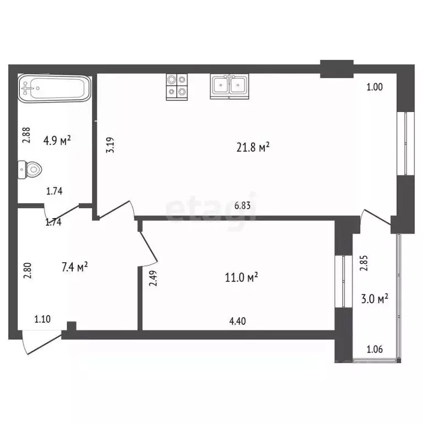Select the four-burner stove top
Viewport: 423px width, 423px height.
pyautogui.click(x=177, y=86)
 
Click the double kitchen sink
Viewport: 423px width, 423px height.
pyautogui.click(x=229, y=86)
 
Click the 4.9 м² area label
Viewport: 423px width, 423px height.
pyautogui.click(x=57, y=141)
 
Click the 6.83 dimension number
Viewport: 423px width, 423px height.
pyautogui.click(x=243, y=205)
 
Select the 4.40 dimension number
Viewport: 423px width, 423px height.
pyautogui.click(x=237, y=318)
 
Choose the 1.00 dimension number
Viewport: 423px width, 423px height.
pyautogui.click(x=375, y=86)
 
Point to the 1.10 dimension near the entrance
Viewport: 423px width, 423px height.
pyautogui.click(x=43, y=318)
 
